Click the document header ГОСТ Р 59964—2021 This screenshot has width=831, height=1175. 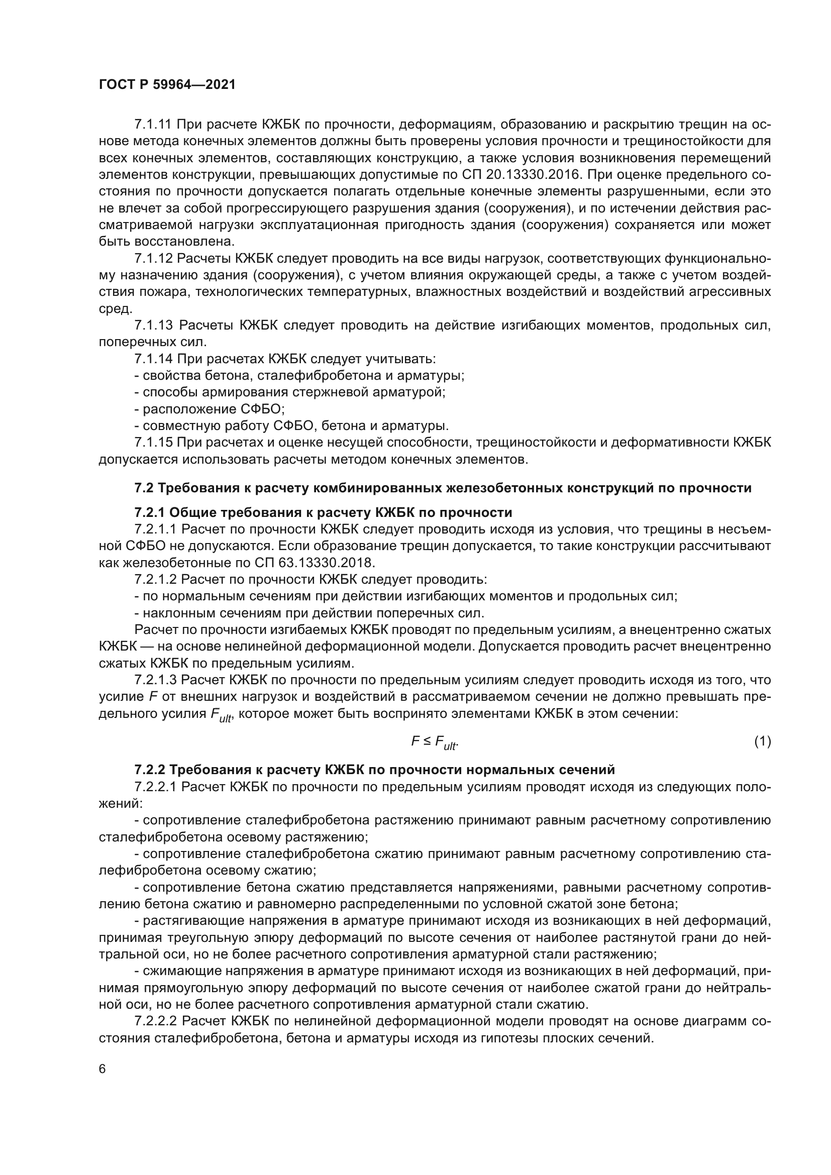click(167, 85)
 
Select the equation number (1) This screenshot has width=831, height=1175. click(762, 740)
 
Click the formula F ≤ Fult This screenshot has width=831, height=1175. click(435, 741)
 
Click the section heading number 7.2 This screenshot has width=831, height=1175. click(144, 488)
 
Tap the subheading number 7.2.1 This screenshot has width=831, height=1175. click(149, 512)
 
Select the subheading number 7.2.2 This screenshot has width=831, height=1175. click(149, 769)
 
